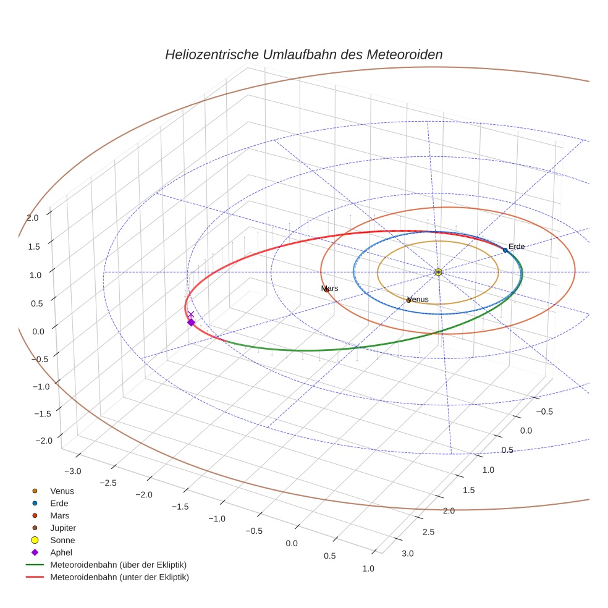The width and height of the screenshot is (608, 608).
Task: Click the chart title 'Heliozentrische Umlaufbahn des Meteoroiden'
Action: click(303, 54)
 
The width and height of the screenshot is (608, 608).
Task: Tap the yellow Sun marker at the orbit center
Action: click(438, 272)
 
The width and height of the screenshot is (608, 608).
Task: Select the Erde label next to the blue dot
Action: click(517, 247)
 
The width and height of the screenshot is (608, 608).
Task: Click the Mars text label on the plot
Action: click(329, 288)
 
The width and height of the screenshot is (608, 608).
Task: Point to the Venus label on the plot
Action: click(418, 299)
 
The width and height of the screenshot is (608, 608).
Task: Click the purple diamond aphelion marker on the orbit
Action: click(191, 323)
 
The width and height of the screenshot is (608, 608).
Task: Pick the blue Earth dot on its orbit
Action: click(505, 250)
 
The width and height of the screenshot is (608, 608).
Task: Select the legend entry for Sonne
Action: click(62, 540)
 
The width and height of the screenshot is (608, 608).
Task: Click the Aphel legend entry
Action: click(61, 552)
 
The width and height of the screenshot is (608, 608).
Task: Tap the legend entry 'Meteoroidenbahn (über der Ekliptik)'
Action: click(118, 565)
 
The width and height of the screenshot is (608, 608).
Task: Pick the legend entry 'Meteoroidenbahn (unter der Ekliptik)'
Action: click(119, 577)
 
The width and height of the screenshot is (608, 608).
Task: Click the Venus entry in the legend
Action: click(62, 491)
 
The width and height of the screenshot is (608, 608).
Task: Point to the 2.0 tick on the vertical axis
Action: click(33, 217)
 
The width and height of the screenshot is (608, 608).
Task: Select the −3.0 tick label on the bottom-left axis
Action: click(72, 471)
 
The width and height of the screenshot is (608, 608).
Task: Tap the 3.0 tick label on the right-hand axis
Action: click(407, 553)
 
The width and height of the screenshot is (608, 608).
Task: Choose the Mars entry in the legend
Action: click(60, 515)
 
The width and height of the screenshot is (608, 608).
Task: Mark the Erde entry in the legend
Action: click(60, 503)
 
